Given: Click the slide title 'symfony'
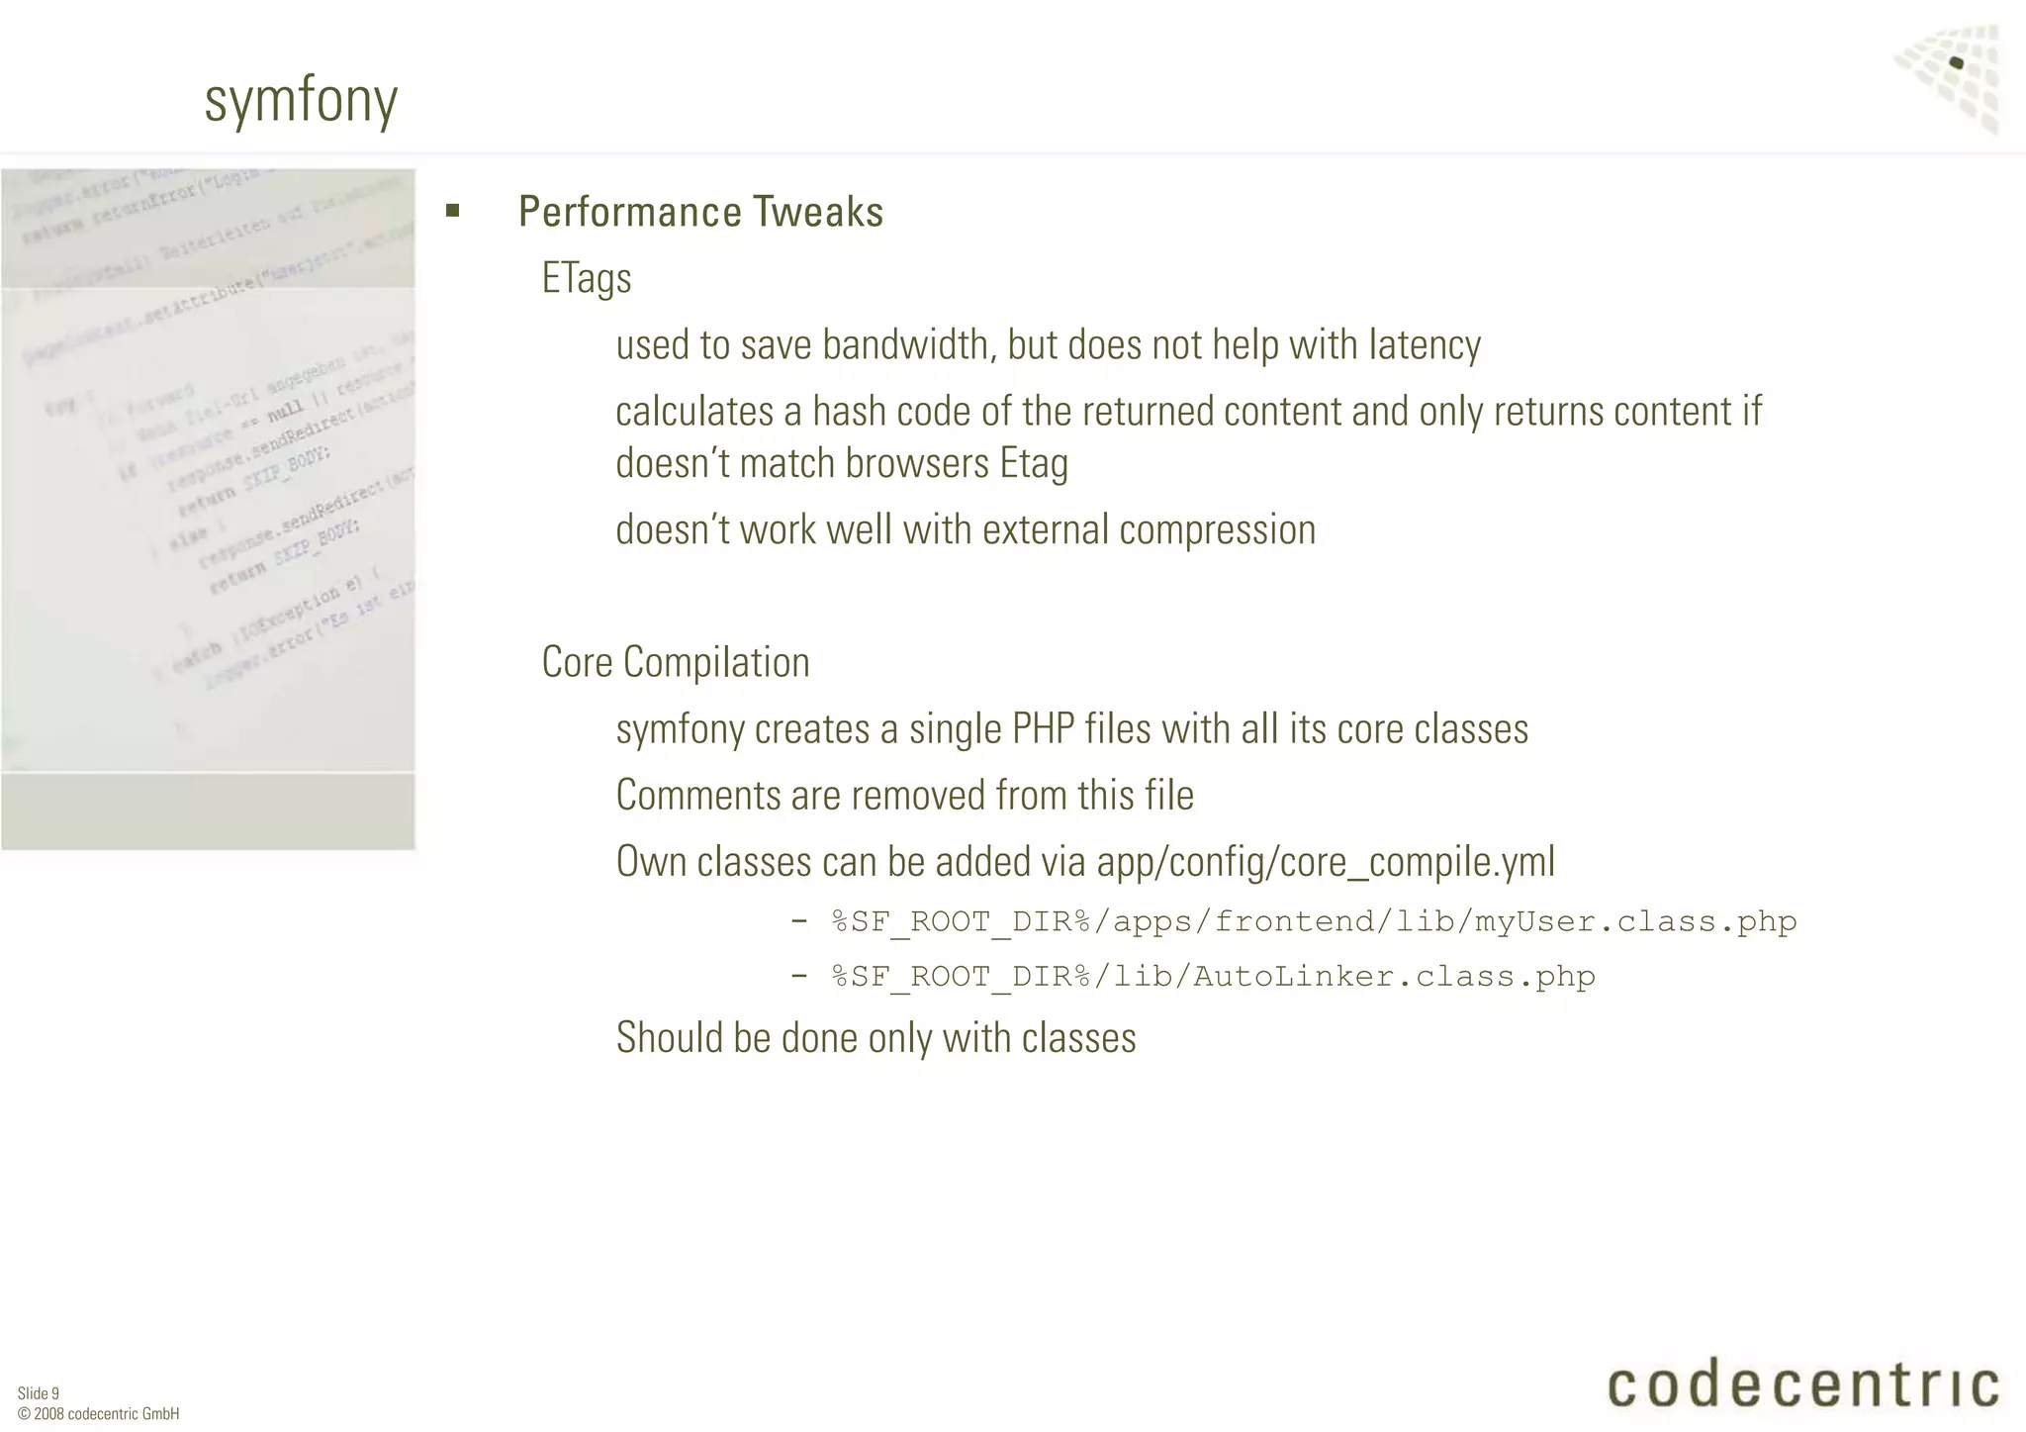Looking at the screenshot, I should click(x=301, y=100).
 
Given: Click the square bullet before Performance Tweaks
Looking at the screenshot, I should click(x=452, y=210).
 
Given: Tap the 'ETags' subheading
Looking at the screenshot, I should click(x=587, y=278).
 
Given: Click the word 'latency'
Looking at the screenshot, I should click(x=1425, y=345).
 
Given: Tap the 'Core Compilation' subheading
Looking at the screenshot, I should click(x=676, y=662).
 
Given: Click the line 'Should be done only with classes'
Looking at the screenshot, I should click(x=875, y=1038).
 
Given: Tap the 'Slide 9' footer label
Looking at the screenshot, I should click(x=39, y=1393).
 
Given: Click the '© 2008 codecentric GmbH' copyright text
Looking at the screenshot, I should click(x=98, y=1414).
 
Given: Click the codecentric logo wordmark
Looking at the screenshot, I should click(x=1802, y=1384).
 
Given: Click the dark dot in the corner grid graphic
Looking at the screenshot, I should click(x=1956, y=63).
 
